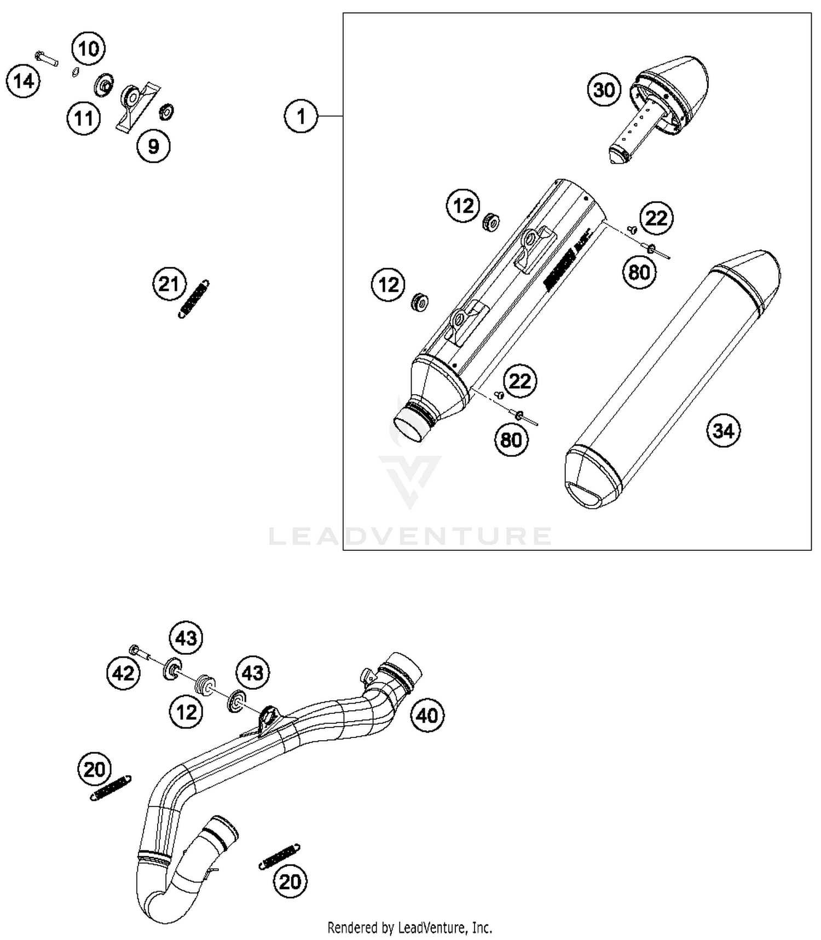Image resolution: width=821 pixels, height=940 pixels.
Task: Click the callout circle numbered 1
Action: (300, 116)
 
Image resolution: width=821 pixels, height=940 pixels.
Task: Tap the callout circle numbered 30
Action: (604, 89)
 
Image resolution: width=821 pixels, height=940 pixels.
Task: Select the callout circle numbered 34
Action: (724, 430)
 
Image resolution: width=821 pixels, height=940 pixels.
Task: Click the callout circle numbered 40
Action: (427, 715)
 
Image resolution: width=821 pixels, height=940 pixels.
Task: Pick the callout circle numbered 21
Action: (169, 284)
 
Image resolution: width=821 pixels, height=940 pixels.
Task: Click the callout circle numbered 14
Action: (24, 81)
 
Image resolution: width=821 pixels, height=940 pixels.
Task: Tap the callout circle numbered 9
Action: (153, 146)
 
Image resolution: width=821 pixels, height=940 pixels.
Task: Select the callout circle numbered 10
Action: (88, 49)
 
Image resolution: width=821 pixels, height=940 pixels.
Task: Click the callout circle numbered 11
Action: (84, 118)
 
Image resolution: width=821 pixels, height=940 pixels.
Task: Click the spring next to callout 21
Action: (194, 299)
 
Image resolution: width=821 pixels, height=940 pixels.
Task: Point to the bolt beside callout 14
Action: (46, 57)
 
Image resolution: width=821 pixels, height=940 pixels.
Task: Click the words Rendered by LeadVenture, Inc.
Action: (409, 927)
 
